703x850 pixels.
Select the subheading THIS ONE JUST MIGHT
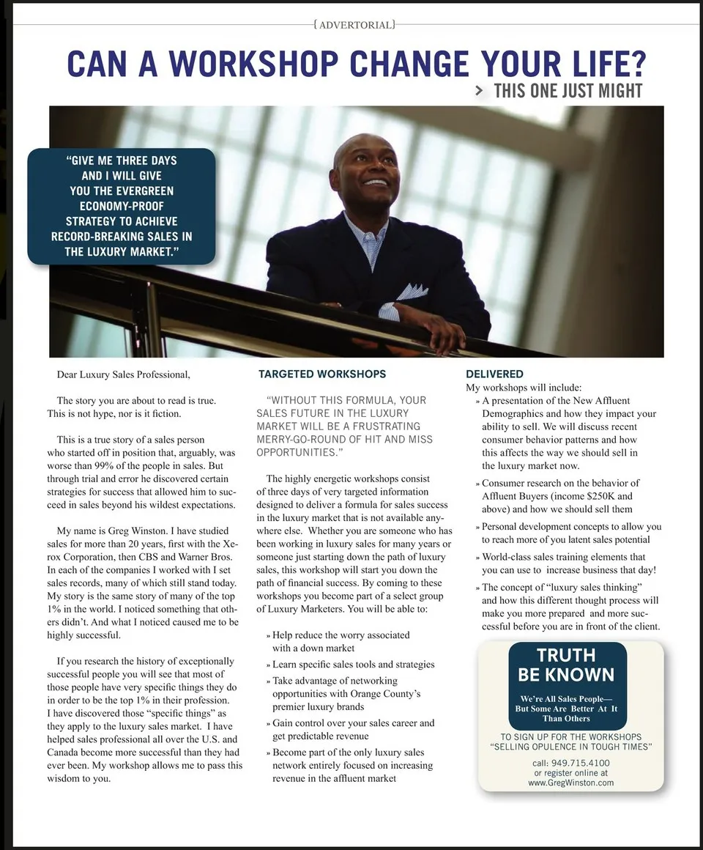[x=568, y=91]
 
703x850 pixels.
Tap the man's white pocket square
[x=412, y=292]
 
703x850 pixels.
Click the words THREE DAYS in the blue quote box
[x=146, y=160]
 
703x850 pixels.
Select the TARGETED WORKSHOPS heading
[x=322, y=374]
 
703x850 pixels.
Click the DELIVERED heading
[x=494, y=374]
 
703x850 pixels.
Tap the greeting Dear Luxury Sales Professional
[x=123, y=374]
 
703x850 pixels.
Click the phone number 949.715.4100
[x=581, y=762]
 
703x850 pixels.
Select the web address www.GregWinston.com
[x=570, y=783]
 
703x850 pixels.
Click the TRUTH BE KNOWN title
[x=566, y=665]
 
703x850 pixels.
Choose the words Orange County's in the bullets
[x=389, y=693]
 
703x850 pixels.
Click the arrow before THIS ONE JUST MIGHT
[x=479, y=91]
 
